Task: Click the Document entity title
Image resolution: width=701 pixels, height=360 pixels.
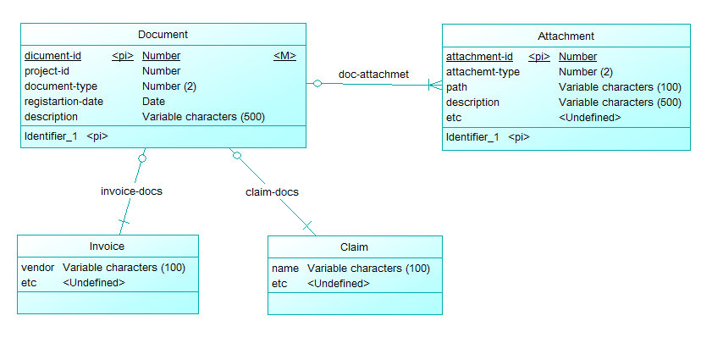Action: (x=163, y=35)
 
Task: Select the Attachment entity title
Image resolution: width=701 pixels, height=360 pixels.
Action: (x=566, y=36)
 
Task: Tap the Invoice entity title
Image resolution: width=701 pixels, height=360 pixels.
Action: (x=107, y=246)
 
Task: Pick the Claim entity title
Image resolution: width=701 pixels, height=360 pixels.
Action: (x=354, y=247)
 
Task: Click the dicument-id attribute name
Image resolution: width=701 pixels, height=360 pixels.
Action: (x=52, y=56)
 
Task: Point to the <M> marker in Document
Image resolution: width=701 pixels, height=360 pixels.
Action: (x=284, y=56)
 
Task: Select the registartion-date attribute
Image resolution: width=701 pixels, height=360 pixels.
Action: (x=63, y=102)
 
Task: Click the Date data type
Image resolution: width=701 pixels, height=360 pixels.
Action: (x=153, y=102)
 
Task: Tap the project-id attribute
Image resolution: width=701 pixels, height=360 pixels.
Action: (x=47, y=71)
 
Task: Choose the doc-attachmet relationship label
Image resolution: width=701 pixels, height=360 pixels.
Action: (x=373, y=75)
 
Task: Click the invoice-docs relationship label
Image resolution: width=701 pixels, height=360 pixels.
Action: (x=131, y=191)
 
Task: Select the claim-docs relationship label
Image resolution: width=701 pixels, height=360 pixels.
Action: (x=272, y=192)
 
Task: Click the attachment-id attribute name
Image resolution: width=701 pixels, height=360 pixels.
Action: (x=479, y=57)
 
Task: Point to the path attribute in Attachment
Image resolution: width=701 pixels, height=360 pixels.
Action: (x=456, y=87)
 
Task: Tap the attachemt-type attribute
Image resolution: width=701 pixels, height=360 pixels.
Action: (x=483, y=72)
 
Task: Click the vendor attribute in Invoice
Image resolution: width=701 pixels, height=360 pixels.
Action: (x=37, y=268)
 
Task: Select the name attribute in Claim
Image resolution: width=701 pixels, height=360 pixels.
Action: (x=285, y=269)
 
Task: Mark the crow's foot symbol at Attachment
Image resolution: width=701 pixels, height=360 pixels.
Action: (x=435, y=85)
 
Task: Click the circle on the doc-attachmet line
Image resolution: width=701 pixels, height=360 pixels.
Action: (x=317, y=83)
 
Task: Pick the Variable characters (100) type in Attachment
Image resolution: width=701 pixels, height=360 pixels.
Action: (x=620, y=87)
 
